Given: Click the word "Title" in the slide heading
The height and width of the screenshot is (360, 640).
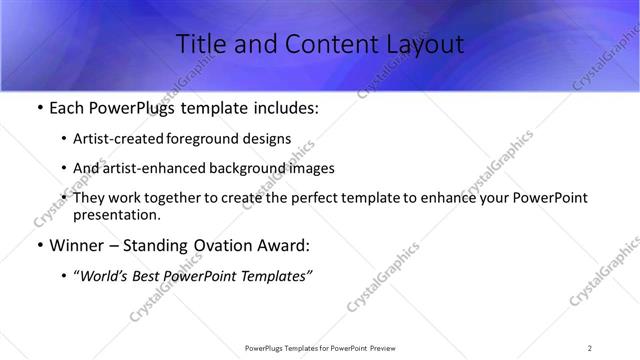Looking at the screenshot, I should (199, 45).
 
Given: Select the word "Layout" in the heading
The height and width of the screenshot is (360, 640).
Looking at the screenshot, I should (421, 45).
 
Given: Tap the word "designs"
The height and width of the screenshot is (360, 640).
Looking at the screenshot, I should (266, 139).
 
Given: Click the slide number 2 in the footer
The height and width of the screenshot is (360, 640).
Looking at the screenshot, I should (590, 347).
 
